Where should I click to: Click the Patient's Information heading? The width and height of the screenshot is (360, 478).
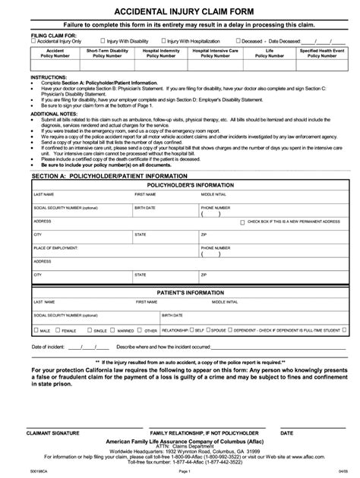tap(180, 291)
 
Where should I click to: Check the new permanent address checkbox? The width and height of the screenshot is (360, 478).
tap(242, 223)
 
